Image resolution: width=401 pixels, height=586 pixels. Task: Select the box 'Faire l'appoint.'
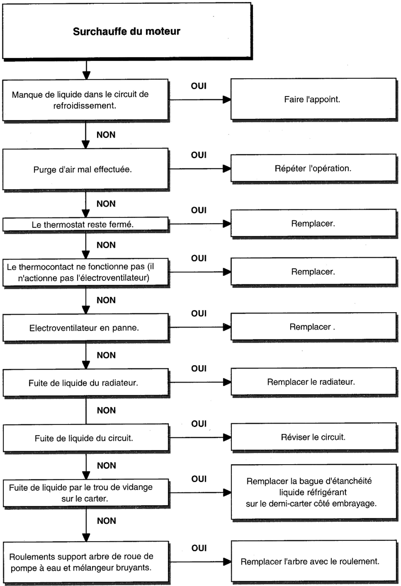point(313,99)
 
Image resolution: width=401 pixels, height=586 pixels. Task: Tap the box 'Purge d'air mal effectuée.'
point(85,169)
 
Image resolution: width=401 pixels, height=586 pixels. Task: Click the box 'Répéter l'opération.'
point(313,168)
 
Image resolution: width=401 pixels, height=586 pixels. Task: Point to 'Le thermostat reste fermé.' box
point(85,224)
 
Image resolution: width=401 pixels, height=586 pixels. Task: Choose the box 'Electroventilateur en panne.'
point(86,327)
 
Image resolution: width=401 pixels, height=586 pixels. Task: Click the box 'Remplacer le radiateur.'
point(314,382)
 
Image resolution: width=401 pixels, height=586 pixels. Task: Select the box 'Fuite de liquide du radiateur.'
point(86,383)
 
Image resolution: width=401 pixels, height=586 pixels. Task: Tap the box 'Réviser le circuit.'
point(314,437)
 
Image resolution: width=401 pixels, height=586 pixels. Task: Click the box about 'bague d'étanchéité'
point(314,492)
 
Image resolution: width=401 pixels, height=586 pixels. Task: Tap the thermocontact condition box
point(86,272)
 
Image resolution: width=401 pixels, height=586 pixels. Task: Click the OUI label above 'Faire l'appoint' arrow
point(199,86)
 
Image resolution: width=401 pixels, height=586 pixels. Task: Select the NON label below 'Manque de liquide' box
point(106,135)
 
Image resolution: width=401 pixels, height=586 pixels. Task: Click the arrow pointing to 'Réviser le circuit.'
point(200,437)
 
